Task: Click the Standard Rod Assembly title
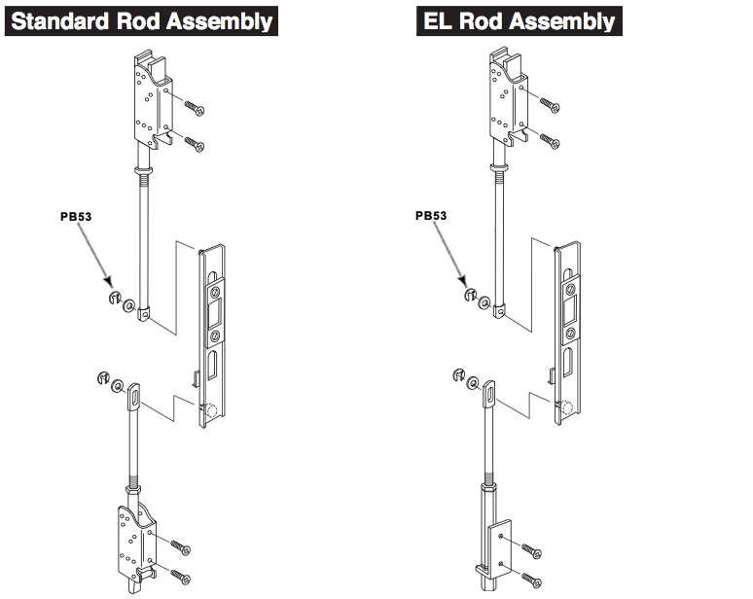141,20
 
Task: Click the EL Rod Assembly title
518,20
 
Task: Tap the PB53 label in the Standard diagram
77,217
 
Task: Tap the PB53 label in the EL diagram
431,216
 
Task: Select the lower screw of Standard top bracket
194,145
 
